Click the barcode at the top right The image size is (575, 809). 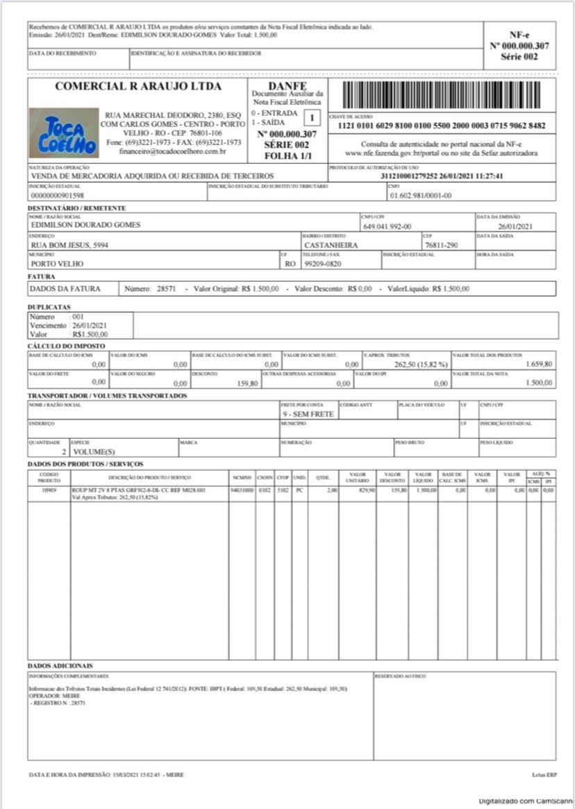pos(441,94)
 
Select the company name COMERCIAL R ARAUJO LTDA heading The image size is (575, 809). pos(137,87)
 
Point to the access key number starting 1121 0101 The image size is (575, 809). pos(441,126)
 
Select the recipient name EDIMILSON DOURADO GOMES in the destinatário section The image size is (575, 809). pos(86,225)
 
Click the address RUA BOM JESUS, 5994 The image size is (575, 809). pos(69,244)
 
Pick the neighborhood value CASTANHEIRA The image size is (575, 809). pos(331,244)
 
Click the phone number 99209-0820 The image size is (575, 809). pos(324,264)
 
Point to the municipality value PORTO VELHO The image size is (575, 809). pos(57,264)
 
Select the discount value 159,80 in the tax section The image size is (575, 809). pos(247,383)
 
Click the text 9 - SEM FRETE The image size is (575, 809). pos(308,414)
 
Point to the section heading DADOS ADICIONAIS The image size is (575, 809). pos(60,666)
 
